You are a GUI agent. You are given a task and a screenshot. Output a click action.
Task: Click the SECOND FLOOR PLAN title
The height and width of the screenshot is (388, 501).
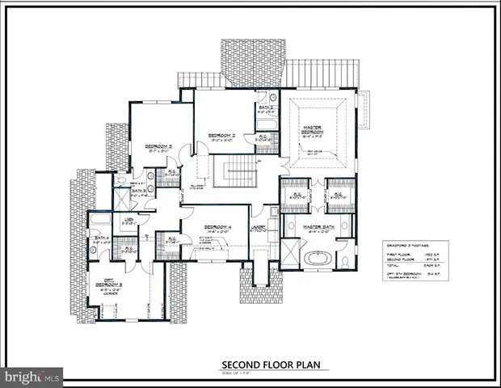[276, 365]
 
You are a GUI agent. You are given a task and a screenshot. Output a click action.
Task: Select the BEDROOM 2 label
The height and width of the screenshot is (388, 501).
[221, 135]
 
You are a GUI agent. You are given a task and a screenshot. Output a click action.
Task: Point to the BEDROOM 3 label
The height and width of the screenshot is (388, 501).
[158, 146]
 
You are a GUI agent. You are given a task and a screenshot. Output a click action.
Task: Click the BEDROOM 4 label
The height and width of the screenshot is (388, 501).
[217, 226]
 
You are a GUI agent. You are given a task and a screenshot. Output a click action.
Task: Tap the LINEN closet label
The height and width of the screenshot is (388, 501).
[128, 219]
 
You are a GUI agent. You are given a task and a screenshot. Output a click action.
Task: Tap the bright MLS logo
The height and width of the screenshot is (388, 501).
[32, 376]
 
